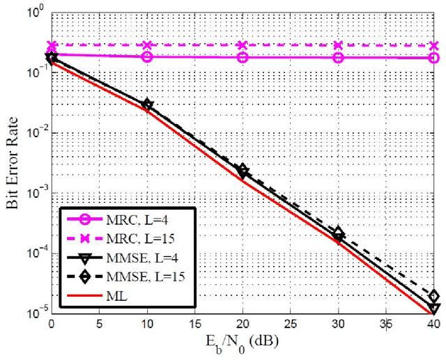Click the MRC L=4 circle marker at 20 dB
243,57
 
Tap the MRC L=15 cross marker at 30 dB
338,45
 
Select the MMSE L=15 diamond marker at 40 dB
433,296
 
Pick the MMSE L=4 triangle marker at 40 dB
433,307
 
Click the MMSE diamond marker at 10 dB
147,105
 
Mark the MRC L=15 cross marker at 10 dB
147,45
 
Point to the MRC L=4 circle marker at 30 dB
338,57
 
